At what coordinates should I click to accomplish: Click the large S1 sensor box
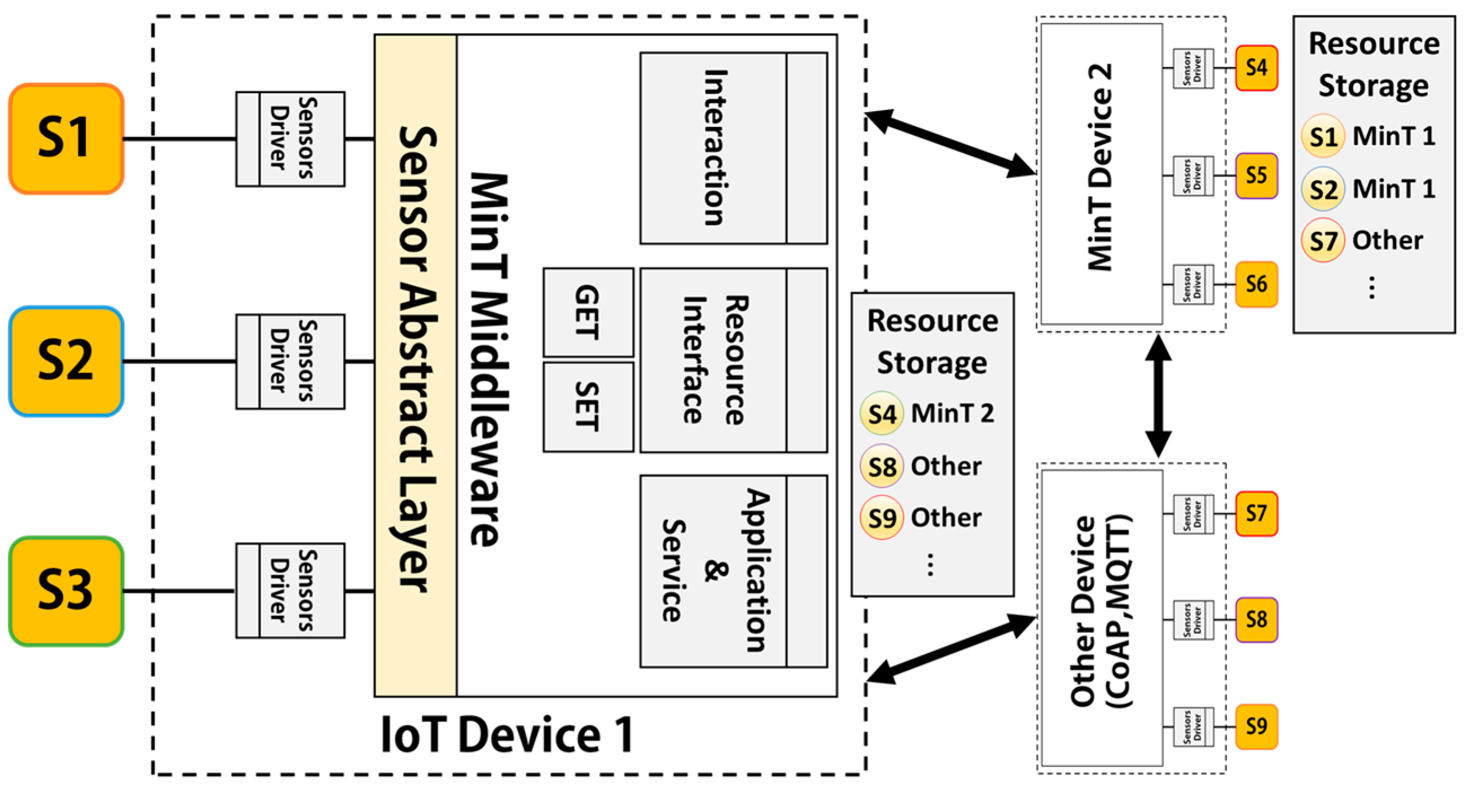pos(66,138)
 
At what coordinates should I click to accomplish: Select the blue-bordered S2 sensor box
pos(66,361)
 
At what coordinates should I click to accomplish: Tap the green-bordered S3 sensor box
pos(66,591)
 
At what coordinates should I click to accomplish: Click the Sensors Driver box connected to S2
pos(290,361)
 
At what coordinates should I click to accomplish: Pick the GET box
pos(588,312)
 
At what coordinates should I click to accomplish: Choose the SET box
pos(588,407)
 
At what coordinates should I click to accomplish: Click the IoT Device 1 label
pos(506,735)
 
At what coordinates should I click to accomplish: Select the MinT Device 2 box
pos(1101,173)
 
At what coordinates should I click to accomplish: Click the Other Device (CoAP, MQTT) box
pos(1101,617)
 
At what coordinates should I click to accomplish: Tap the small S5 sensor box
pos(1256,175)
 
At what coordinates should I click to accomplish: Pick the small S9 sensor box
pos(1256,726)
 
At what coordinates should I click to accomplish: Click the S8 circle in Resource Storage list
pos(882,467)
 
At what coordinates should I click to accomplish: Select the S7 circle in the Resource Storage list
pos(1323,240)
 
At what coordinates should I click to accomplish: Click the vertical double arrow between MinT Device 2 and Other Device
pos(1158,397)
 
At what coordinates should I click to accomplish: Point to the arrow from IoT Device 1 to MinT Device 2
pos(950,144)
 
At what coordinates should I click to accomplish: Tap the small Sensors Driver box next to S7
pos(1193,514)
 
